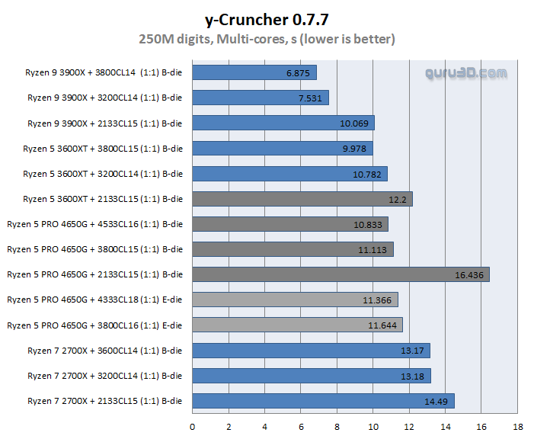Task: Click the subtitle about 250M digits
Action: pos(267,38)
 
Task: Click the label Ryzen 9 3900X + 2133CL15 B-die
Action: pos(105,123)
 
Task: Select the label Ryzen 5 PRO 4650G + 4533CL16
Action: pos(95,224)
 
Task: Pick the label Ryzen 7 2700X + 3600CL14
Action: pos(105,351)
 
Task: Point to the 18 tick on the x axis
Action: pos(518,427)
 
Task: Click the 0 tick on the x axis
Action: pos(192,427)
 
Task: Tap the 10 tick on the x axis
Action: pos(373,427)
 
